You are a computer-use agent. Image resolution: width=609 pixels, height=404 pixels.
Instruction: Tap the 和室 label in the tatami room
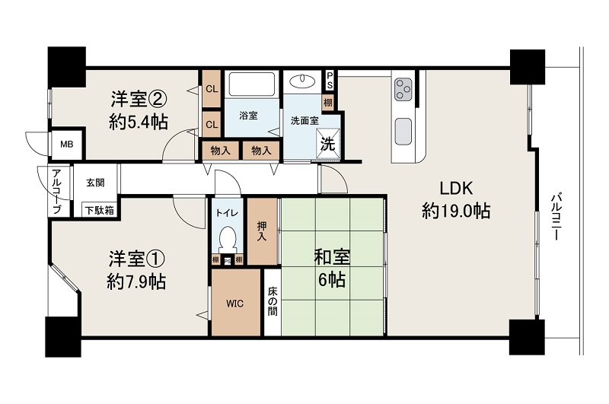330,257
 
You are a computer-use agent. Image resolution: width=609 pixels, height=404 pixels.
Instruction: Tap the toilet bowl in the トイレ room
227,240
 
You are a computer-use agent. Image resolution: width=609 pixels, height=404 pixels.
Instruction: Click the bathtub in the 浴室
253,85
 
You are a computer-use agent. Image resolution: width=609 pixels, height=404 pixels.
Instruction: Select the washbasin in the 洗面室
303,81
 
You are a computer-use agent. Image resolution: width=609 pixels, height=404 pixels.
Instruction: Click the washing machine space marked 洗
328,142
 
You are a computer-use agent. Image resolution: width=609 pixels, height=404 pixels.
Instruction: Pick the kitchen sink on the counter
403,131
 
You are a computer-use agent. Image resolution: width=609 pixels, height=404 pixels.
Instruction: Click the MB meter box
67,144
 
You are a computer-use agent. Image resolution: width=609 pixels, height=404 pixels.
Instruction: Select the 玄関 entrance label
95,183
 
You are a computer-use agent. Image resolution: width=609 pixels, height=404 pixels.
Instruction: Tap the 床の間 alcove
272,303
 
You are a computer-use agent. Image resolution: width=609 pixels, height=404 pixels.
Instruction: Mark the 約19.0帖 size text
456,212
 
